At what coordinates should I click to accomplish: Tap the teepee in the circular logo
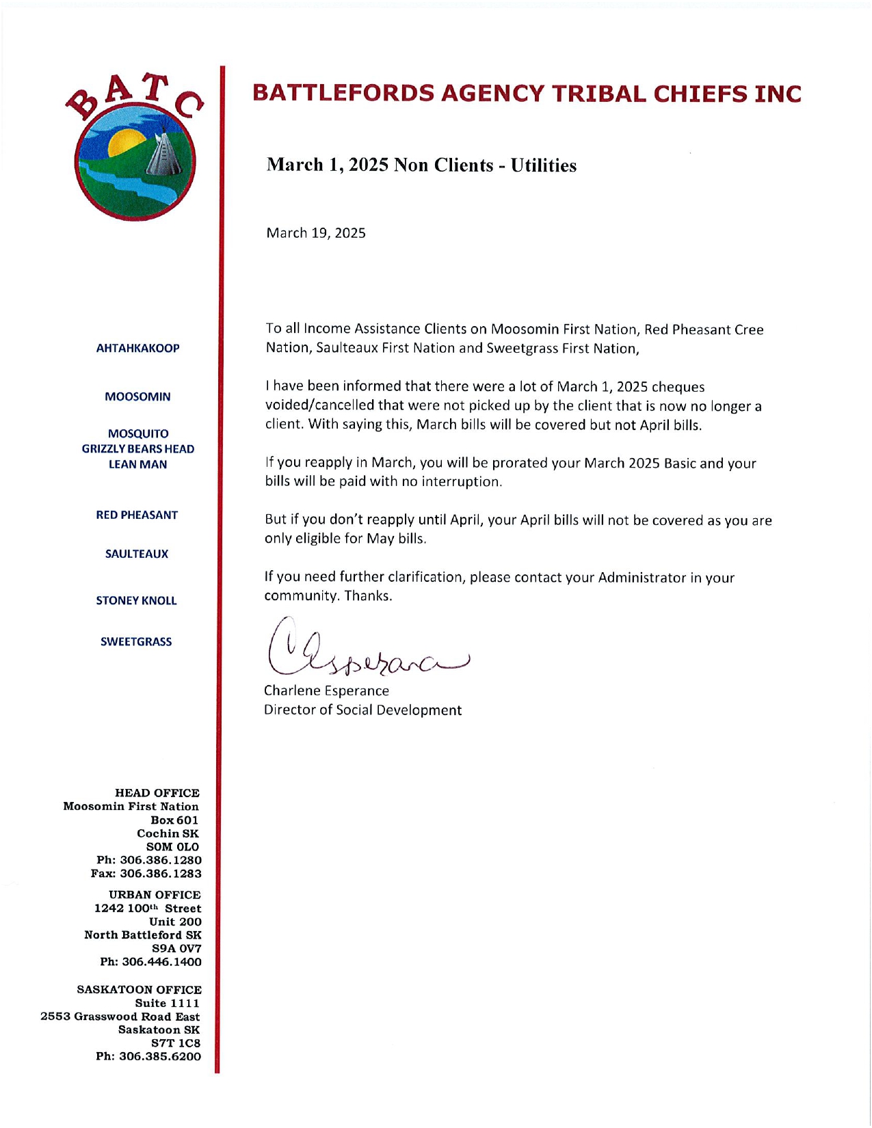[162, 156]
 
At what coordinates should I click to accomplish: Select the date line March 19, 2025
[315, 233]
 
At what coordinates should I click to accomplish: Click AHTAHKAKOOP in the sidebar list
[137, 348]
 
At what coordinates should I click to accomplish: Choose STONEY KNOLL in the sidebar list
[136, 600]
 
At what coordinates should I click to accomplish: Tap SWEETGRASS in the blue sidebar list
[136, 641]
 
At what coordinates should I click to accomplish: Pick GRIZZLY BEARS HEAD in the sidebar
[137, 448]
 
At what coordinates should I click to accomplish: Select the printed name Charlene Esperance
[326, 690]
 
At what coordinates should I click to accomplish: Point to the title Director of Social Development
[362, 710]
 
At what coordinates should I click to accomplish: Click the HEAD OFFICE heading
[157, 793]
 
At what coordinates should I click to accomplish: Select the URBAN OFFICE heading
[155, 895]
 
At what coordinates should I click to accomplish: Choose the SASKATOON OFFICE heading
[139, 989]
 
